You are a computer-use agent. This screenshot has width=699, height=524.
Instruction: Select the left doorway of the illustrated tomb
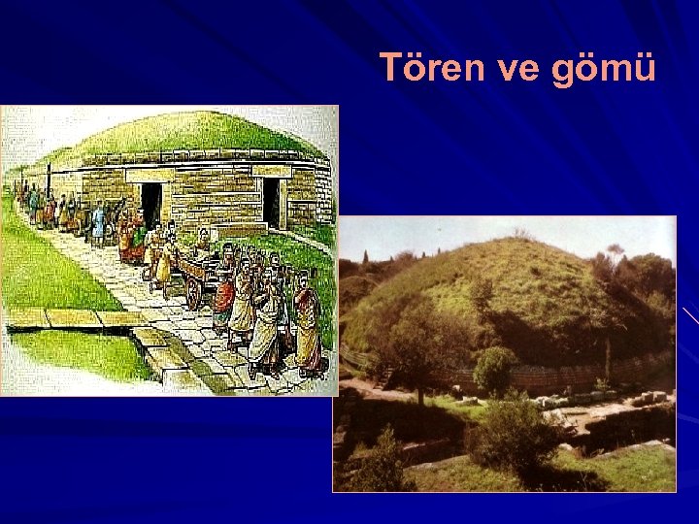151,204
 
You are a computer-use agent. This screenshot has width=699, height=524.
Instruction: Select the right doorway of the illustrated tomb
272,202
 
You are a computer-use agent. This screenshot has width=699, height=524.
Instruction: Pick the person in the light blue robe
98,222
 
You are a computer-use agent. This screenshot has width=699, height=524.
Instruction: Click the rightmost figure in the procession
308,330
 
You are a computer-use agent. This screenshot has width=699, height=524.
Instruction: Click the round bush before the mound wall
495,370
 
